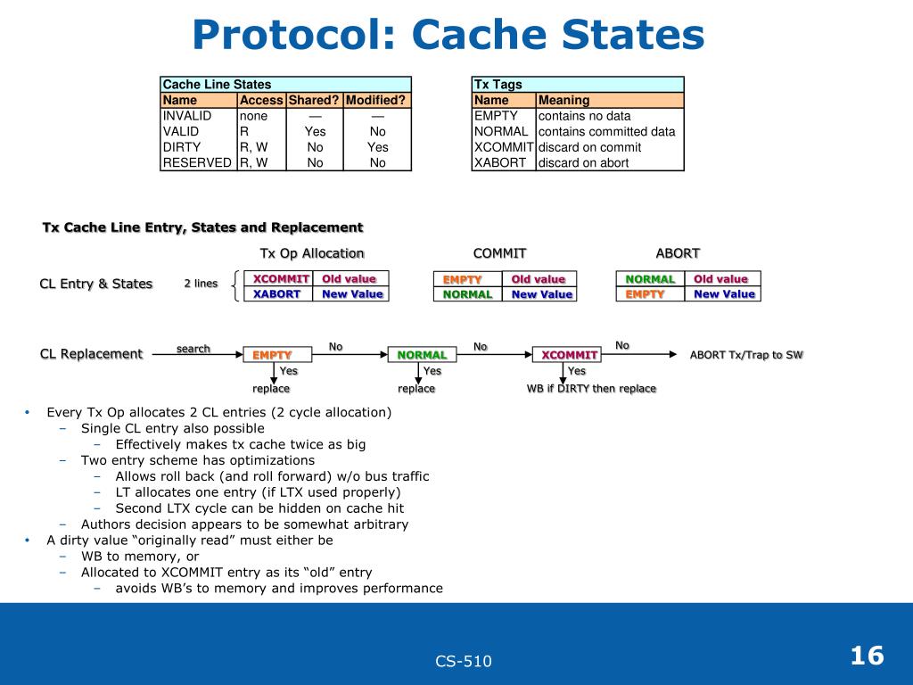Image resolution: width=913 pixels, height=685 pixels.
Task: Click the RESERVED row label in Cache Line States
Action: click(x=197, y=162)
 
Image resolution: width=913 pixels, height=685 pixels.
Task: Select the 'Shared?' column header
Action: click(x=314, y=100)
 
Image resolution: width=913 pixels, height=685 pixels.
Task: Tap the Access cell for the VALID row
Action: click(x=244, y=131)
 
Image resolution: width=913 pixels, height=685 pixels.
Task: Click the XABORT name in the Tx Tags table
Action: click(x=500, y=162)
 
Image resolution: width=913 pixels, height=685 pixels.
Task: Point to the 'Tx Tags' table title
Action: click(x=498, y=85)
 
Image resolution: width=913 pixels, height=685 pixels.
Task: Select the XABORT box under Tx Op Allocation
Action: click(x=277, y=294)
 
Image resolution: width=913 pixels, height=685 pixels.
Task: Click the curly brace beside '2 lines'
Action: click(x=234, y=286)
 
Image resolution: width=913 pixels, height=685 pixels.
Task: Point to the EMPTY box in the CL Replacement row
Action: click(x=271, y=355)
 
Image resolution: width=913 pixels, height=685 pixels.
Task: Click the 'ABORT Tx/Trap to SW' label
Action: click(x=746, y=355)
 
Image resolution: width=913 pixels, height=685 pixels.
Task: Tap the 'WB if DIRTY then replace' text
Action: click(x=591, y=389)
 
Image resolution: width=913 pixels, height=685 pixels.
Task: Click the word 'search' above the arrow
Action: click(x=193, y=349)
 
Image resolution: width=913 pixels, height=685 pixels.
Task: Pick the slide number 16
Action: click(x=867, y=656)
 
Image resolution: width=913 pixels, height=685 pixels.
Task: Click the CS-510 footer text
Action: click(x=464, y=661)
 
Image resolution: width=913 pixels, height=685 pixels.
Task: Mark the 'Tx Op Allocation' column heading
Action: click(x=312, y=253)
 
